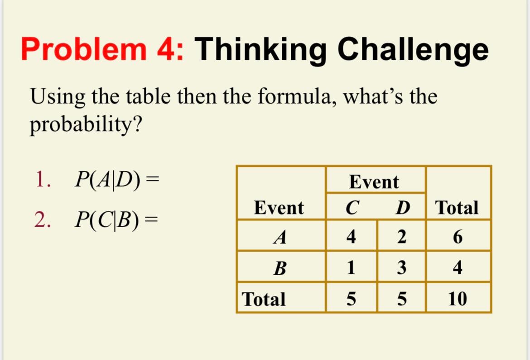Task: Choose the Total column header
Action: point(457,208)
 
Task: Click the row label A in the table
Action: point(280,236)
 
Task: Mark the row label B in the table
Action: point(280,268)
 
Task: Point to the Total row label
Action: point(264,299)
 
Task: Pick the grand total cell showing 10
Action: point(457,299)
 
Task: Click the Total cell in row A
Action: point(458,236)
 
